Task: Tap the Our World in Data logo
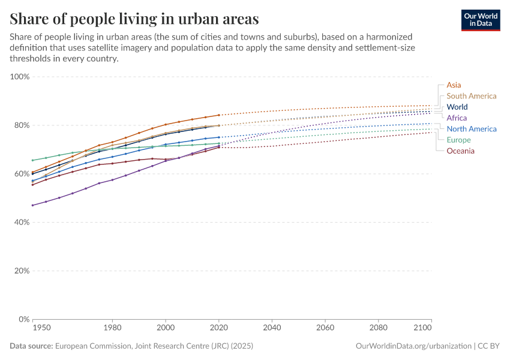480,20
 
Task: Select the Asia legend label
454,85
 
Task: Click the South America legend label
471,96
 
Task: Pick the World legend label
457,107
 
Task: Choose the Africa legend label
457,118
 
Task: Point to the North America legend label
471,129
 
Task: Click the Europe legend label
458,140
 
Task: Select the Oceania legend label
460,151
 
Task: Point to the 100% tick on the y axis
20,77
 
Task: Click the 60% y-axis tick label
22,174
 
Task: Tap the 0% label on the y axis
24,319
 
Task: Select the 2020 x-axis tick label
219,328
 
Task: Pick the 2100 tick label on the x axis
423,328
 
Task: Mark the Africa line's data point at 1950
32,205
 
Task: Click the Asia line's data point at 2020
219,115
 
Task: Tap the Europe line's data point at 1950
32,160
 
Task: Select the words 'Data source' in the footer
31,346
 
